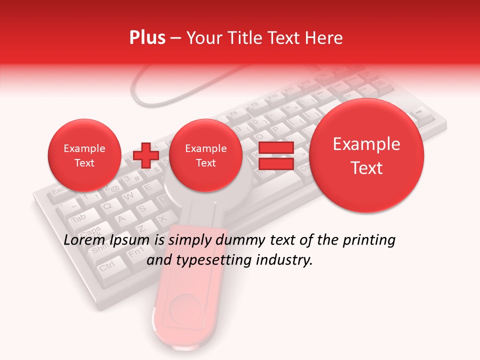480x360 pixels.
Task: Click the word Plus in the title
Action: [147, 38]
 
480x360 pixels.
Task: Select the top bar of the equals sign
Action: [276, 148]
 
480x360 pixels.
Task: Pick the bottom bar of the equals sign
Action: [276, 164]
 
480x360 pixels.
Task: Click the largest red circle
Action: [366, 155]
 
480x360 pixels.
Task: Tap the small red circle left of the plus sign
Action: [84, 155]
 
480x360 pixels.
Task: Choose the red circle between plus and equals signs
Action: [206, 155]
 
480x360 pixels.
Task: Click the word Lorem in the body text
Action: [83, 240]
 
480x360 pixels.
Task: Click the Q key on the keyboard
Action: [107, 205]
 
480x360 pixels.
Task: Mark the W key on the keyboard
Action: [128, 196]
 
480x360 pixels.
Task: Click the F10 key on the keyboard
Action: [272, 96]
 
